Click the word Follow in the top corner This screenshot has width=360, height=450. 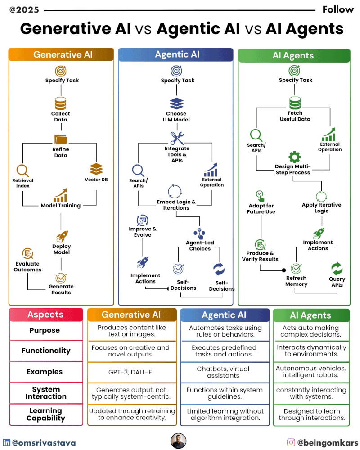[x=338, y=9]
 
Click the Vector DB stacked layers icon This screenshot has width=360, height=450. [x=96, y=169]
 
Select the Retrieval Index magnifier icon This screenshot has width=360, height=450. [x=22, y=171]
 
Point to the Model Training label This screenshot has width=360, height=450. [x=61, y=206]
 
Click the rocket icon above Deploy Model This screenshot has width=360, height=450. [x=62, y=236]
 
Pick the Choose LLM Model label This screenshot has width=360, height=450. [x=175, y=117]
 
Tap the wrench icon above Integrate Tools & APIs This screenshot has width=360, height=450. [x=177, y=138]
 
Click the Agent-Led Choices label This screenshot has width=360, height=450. [x=200, y=246]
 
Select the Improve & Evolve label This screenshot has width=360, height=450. [x=143, y=232]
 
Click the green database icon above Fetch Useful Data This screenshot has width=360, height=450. [x=295, y=102]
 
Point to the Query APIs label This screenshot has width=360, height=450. [x=337, y=282]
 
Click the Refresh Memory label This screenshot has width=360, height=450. [x=297, y=281]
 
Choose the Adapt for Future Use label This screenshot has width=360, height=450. [x=261, y=209]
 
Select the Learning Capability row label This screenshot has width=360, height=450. [x=46, y=414]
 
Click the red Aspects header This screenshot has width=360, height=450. [x=46, y=315]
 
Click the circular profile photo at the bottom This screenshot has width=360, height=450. [x=179, y=441]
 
